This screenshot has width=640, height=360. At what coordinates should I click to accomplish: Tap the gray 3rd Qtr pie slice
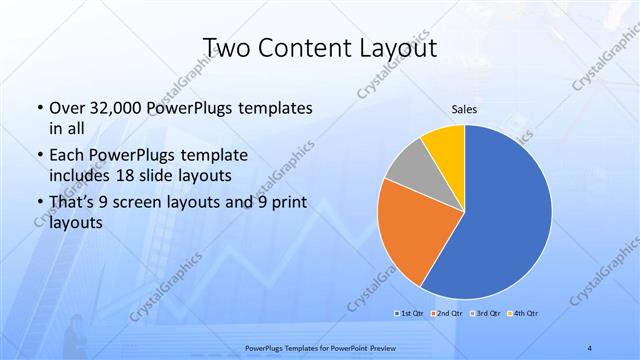tap(405, 167)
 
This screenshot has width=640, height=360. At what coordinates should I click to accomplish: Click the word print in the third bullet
tap(286, 205)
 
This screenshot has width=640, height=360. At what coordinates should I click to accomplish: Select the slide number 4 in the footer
tap(590, 347)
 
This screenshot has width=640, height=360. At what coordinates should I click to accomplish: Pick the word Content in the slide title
tap(308, 47)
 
